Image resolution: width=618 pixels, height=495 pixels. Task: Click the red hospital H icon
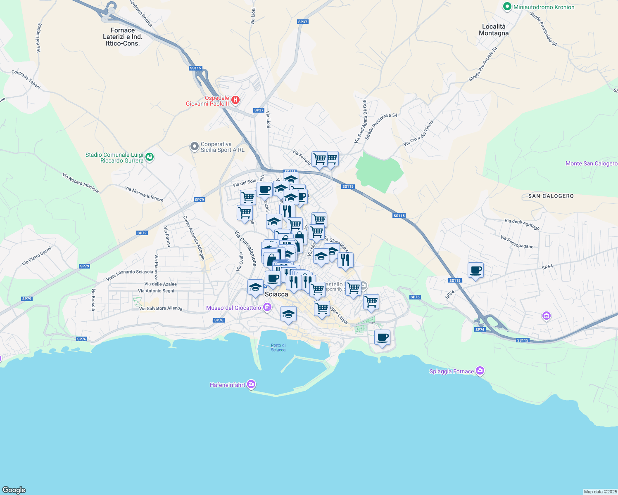point(235,100)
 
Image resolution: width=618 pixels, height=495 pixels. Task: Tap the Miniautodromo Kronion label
point(544,7)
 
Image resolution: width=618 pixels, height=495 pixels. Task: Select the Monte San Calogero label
point(591,164)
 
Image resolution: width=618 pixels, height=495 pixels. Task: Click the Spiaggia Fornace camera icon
point(480,371)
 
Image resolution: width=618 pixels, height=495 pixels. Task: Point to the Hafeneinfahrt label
point(228,385)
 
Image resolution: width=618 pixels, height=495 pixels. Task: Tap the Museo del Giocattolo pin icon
point(268,307)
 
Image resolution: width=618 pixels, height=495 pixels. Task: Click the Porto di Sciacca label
point(278,348)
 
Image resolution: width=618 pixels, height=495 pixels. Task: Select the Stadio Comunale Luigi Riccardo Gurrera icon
point(150,157)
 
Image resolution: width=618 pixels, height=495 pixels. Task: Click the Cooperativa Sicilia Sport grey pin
point(194,146)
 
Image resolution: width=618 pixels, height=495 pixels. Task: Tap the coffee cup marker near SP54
point(476,270)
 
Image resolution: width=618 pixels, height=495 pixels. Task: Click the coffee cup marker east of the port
point(382,337)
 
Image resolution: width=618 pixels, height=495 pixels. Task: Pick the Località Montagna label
point(494,30)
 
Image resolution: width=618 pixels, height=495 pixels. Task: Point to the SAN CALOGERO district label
point(551,196)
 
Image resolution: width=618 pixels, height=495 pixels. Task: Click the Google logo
point(14,490)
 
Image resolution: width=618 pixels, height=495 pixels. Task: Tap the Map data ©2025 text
point(600,492)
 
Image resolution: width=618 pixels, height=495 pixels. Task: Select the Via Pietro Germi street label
point(37,256)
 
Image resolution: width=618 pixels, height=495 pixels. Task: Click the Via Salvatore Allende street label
point(160,309)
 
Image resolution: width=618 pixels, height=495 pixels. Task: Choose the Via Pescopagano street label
point(516,242)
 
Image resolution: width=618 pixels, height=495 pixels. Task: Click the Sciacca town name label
point(276,294)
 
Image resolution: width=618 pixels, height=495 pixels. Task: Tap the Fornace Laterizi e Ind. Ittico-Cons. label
point(123,37)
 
